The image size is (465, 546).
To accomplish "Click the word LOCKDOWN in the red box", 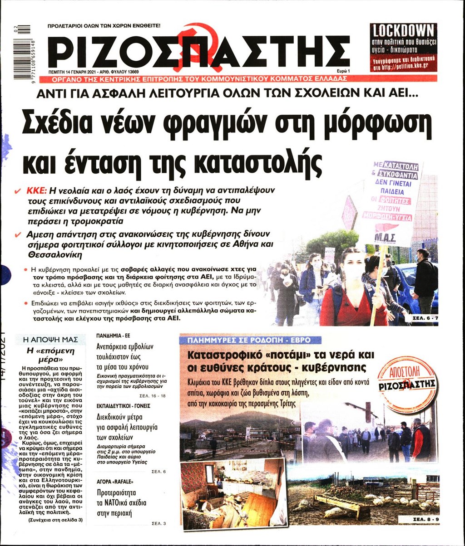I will click(403, 31).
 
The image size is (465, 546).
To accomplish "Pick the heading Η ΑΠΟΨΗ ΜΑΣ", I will click(50, 339).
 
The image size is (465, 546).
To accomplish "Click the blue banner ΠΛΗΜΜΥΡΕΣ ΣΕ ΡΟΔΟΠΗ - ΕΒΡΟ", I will click(250, 340).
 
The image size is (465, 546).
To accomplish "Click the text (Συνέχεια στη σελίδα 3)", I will click(55, 520).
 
